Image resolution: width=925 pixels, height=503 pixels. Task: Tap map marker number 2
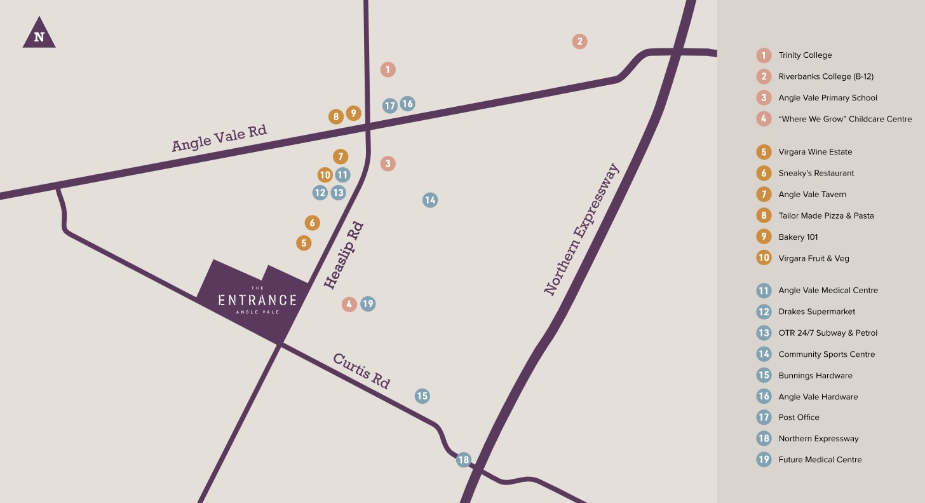pyautogui.click(x=579, y=41)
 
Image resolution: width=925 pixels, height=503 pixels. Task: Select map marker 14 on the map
pyautogui.click(x=430, y=200)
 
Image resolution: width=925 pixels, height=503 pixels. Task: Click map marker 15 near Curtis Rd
pyautogui.click(x=422, y=396)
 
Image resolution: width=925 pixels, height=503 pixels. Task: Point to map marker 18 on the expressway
pyautogui.click(x=463, y=460)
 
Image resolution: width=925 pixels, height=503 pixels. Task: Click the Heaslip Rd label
pyautogui.click(x=344, y=256)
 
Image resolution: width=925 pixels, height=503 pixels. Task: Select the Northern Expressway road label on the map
pyautogui.click(x=581, y=230)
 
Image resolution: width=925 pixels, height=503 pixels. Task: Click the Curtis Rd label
pyautogui.click(x=361, y=371)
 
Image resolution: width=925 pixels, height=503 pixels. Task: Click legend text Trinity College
pyautogui.click(x=804, y=55)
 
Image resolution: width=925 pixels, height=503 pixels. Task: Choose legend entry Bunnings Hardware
pyautogui.click(x=815, y=375)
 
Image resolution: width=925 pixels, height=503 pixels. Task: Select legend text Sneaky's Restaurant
pyautogui.click(x=816, y=173)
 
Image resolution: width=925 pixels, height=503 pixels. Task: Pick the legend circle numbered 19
pyautogui.click(x=764, y=459)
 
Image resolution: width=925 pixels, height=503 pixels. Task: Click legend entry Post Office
pyautogui.click(x=799, y=417)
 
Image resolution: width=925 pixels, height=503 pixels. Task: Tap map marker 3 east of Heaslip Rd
pyautogui.click(x=388, y=163)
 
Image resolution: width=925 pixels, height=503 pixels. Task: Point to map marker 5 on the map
pyautogui.click(x=304, y=243)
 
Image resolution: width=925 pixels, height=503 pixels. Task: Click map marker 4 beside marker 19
pyautogui.click(x=349, y=304)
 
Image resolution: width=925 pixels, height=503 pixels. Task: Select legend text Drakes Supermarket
pyautogui.click(x=816, y=312)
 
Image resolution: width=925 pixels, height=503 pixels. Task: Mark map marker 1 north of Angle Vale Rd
pyautogui.click(x=388, y=69)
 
